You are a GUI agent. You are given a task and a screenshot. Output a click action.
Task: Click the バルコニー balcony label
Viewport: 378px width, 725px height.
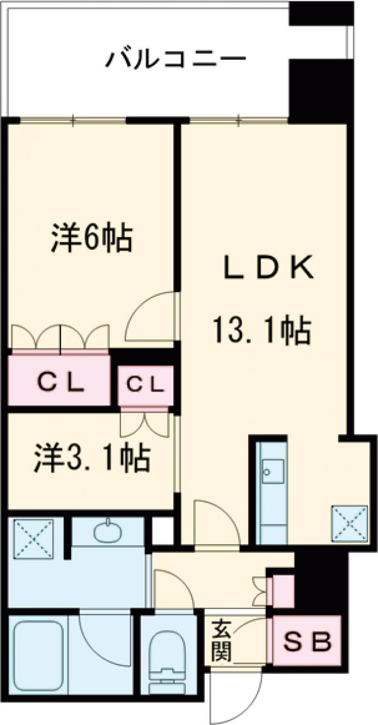[x=176, y=61]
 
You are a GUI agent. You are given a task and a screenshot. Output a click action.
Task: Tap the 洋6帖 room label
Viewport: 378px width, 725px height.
[x=91, y=238]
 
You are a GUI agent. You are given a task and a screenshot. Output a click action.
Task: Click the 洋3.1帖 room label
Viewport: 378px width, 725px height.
[x=91, y=458]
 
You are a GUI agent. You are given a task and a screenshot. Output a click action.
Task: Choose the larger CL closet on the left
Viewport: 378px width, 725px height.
[x=59, y=381]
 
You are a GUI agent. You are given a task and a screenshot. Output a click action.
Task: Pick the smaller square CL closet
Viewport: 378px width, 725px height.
[x=144, y=383]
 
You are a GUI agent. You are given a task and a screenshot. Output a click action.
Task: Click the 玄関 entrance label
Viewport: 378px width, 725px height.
[x=221, y=640]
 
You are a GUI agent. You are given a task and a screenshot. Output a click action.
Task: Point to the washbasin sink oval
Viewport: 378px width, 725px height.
[x=109, y=531]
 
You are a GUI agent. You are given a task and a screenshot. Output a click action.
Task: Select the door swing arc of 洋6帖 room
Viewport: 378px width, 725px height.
[x=151, y=315]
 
